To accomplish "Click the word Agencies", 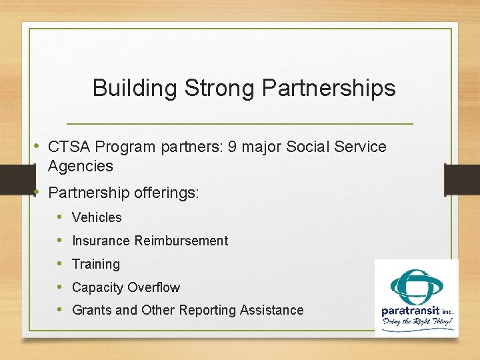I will pos(81,166).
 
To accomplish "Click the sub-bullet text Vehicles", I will pos(97,217).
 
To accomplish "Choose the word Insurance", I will pos(101,241).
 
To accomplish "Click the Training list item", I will pos(96,264).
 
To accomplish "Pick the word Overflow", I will pos(153,287).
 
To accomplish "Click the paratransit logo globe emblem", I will pos(416,285).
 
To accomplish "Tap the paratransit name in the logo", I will pos(407,311).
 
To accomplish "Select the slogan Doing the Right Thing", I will pos(417,323).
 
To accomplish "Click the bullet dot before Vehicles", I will pos(59,217).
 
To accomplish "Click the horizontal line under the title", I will pos(240,124).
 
